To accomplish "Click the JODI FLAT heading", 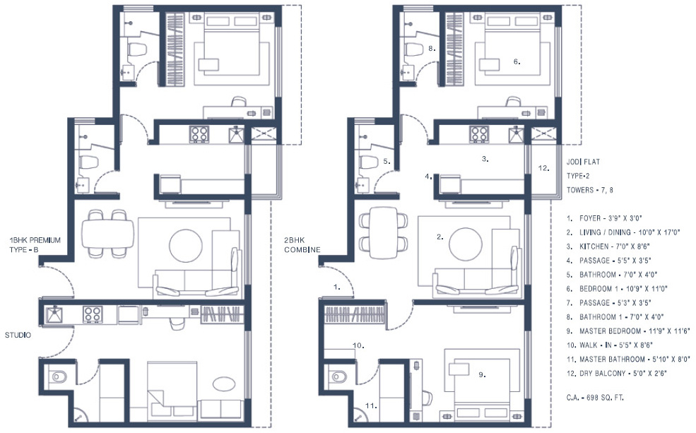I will point(583,161).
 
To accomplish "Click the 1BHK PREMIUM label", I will point(33,240).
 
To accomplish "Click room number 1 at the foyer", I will point(337,287).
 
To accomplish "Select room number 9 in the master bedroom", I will point(482,375).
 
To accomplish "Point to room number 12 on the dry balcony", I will point(543,169).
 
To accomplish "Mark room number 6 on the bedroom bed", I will point(517,62).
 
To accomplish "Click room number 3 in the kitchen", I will point(485,160).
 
